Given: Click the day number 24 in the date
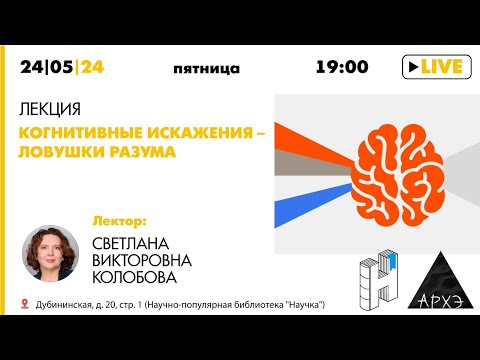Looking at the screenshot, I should (33, 68).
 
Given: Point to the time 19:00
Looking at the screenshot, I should (342, 68).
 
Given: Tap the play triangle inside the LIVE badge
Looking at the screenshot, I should (412, 67).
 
